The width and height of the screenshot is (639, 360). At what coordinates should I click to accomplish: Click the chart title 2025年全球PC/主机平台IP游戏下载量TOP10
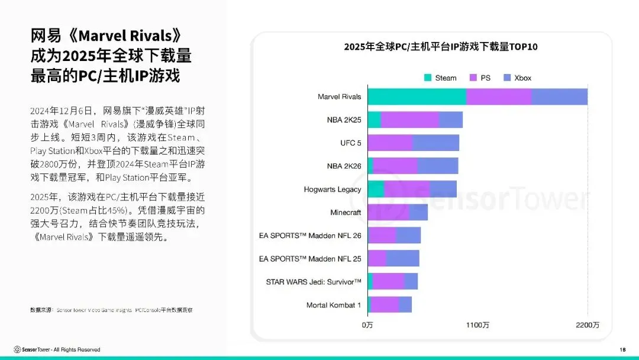pyautogui.click(x=440, y=47)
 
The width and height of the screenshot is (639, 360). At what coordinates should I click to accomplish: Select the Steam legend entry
pyautogui.click(x=440, y=78)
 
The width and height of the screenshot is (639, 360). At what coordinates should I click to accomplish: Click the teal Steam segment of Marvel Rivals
pyautogui.click(x=417, y=97)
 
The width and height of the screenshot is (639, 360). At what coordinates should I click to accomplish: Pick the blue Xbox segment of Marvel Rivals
pyautogui.click(x=560, y=97)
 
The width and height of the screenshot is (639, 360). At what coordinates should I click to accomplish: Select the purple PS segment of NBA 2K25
pyautogui.click(x=410, y=120)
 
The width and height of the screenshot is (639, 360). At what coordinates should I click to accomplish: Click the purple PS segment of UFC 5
pyautogui.click(x=390, y=143)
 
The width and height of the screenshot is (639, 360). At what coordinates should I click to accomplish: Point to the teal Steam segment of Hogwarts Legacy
pyautogui.click(x=376, y=189)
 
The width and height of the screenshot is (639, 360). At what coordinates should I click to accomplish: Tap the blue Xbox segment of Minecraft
pyautogui.click(x=418, y=212)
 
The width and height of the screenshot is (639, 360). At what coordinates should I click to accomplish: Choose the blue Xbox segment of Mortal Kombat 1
pyautogui.click(x=405, y=305)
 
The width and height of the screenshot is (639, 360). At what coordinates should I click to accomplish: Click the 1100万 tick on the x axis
pyautogui.click(x=477, y=325)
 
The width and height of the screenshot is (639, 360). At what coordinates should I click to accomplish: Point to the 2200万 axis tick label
pyautogui.click(x=588, y=325)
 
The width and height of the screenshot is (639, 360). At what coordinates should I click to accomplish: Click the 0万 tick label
pyautogui.click(x=367, y=325)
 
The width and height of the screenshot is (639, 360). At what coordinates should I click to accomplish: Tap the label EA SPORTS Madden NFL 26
pyautogui.click(x=310, y=235)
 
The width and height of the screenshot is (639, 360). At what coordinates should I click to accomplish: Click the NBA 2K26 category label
pyautogui.click(x=344, y=166)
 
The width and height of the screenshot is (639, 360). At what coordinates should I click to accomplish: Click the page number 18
pyautogui.click(x=622, y=349)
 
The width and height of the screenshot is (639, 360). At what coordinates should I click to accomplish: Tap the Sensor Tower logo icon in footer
pyautogui.click(x=17, y=349)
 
